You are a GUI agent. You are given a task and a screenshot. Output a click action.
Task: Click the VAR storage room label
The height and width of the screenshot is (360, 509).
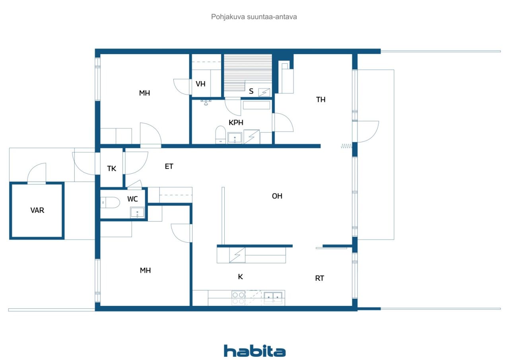[37, 210]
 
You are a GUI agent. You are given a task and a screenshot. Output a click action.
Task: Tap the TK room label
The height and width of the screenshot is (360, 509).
[112, 168]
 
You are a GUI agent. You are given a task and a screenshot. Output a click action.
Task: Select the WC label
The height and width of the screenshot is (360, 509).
[133, 199]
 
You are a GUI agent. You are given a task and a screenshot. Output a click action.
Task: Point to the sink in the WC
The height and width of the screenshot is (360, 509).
[137, 213]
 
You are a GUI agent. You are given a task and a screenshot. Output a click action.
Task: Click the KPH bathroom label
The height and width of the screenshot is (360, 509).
[236, 123]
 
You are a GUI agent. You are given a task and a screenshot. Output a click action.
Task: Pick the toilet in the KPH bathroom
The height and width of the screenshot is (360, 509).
[220, 134]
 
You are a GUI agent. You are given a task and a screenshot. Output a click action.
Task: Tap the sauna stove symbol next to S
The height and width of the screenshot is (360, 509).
[264, 92]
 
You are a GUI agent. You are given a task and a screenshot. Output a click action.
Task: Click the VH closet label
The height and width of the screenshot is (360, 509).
[201, 84]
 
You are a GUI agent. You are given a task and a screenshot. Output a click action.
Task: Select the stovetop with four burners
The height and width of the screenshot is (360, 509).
[238, 298]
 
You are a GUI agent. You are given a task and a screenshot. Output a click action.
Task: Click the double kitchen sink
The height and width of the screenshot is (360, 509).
[273, 297]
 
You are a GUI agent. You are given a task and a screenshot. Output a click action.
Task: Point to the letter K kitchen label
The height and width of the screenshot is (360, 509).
[240, 277]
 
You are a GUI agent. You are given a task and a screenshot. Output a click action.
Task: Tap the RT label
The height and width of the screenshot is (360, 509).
[320, 278]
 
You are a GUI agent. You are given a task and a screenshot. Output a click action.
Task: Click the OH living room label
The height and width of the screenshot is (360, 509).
[277, 196]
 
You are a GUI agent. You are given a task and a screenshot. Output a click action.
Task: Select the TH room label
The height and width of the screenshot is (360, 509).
[321, 100]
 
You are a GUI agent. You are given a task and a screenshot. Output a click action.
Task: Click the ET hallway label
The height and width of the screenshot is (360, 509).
[169, 166]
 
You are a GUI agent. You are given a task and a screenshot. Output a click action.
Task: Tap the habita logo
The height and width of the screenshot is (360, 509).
[254, 351]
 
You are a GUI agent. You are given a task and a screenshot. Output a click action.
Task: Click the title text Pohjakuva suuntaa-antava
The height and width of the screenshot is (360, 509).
[254, 17]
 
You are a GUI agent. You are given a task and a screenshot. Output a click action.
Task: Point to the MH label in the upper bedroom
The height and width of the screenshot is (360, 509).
[144, 93]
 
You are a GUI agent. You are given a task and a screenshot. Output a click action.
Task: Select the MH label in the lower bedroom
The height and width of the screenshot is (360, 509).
[145, 270]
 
